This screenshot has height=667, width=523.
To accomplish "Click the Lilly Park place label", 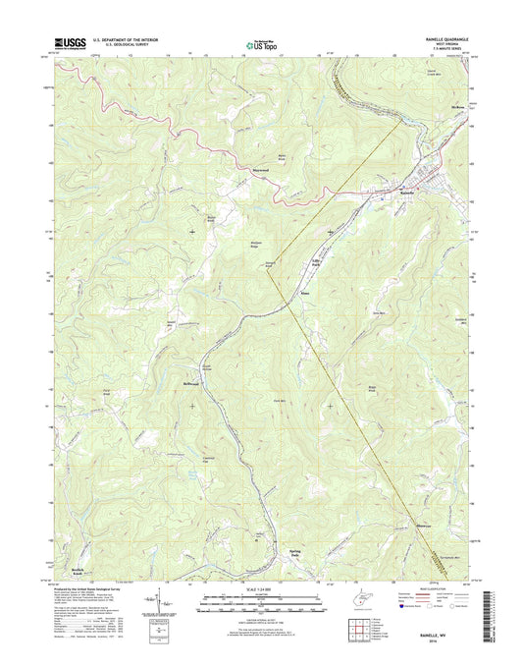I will tap(316, 263).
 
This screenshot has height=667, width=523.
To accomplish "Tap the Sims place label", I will tap(306, 291).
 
